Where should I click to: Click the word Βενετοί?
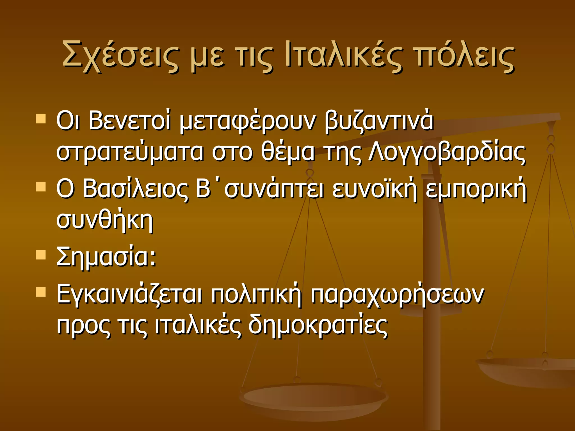129,121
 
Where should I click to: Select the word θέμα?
288,153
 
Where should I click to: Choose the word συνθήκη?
105,220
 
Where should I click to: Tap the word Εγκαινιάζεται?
129,295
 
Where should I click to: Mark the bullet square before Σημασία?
41,255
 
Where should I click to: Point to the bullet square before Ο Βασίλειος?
41,187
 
